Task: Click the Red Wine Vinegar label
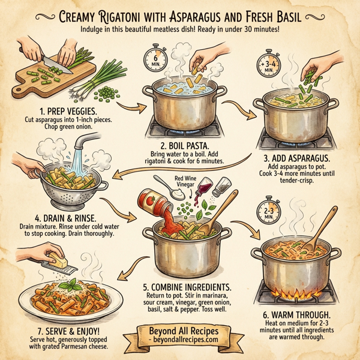(x=185, y=183)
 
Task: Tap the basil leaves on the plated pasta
(x=73, y=284)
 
